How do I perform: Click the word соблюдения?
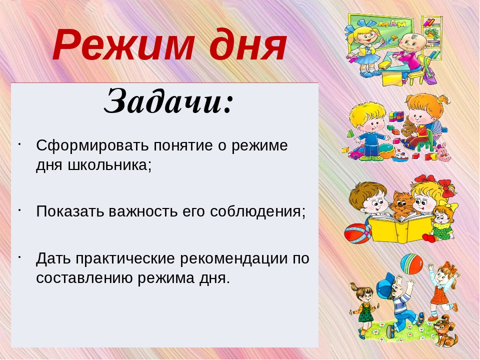(255, 212)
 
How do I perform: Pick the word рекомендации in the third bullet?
(233, 259)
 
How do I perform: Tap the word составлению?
(84, 278)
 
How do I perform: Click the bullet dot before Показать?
(19, 210)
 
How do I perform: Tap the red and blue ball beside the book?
(357, 233)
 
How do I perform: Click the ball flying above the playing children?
(411, 264)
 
